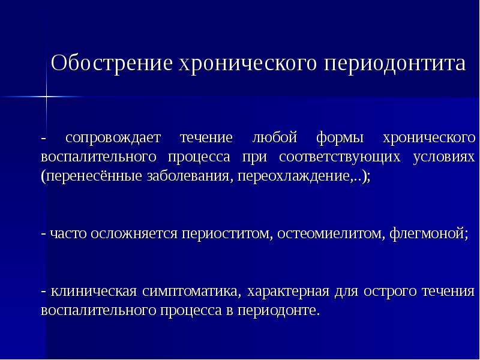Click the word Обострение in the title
click(x=112, y=64)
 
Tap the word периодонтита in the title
click(x=395, y=64)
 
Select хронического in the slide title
click(x=248, y=64)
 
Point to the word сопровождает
click(x=113, y=139)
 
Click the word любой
click(x=275, y=137)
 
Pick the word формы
click(x=340, y=139)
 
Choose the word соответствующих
click(x=340, y=158)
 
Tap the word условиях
click(x=443, y=157)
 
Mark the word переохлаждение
click(x=295, y=177)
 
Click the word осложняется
click(x=134, y=234)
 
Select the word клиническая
click(x=94, y=292)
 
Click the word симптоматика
click(x=188, y=292)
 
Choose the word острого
click(x=389, y=292)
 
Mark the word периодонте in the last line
click(x=277, y=311)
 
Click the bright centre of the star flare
click(x=47, y=97)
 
